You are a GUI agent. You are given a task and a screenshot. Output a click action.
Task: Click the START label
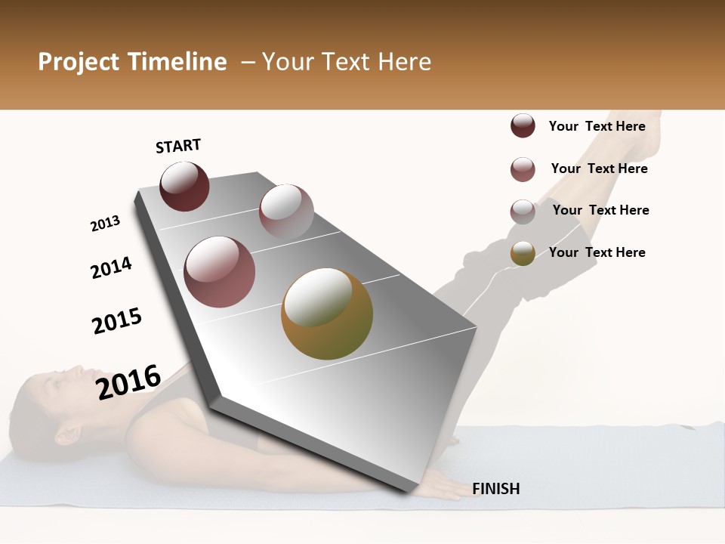click(178, 146)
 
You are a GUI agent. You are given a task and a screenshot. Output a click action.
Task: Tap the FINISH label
click(496, 489)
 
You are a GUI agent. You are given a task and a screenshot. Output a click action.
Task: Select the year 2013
click(105, 224)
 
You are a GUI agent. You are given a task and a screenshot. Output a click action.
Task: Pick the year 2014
click(111, 268)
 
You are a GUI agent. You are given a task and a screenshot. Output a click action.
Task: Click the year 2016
click(128, 382)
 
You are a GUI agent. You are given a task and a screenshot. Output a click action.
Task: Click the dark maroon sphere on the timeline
click(184, 187)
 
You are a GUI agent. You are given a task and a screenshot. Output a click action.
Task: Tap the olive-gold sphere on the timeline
click(327, 314)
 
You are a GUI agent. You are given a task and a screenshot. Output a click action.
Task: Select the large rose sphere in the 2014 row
click(220, 272)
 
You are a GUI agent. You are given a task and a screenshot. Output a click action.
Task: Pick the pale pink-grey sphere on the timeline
click(286, 212)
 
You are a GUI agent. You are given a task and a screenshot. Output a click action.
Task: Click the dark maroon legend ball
click(523, 126)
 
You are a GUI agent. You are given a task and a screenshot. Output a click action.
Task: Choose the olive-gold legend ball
click(523, 253)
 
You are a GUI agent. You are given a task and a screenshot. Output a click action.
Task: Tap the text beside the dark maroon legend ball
click(597, 126)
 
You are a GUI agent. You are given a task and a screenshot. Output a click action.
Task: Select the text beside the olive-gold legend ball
click(597, 252)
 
